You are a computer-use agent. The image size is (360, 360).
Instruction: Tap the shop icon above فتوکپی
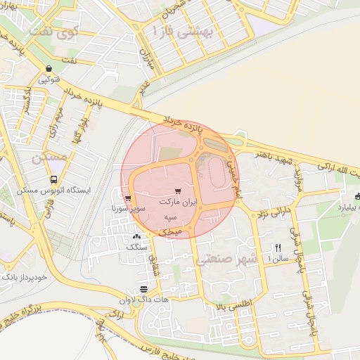point(49,69)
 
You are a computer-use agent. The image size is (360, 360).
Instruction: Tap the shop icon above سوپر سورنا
point(127,198)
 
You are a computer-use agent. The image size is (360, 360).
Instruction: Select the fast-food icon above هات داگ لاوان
point(143,289)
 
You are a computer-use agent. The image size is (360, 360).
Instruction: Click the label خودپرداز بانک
point(25,277)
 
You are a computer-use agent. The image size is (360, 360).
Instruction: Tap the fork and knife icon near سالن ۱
point(278,247)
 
